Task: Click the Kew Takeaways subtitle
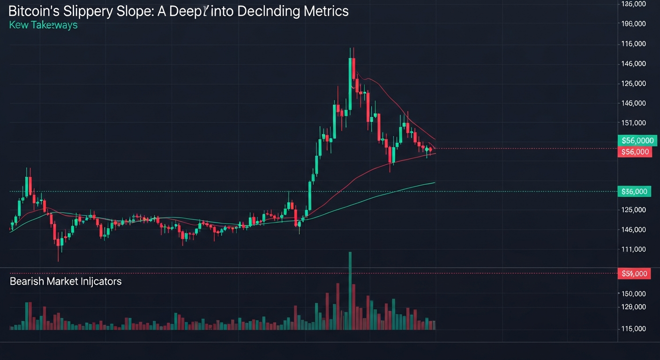click(43, 25)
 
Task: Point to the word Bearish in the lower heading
click(27, 281)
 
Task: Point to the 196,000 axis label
click(633, 23)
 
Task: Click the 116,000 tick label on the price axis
click(633, 44)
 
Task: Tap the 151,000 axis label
click(633, 123)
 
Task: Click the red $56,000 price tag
click(635, 151)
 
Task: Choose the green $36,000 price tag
click(635, 191)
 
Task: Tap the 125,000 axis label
click(633, 210)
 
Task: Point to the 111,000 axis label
click(633, 249)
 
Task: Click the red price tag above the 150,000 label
click(635, 273)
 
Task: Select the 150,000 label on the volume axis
click(633, 293)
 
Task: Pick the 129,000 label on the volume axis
click(633, 307)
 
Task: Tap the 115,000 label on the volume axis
click(633, 329)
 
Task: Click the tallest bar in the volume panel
click(350, 291)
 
